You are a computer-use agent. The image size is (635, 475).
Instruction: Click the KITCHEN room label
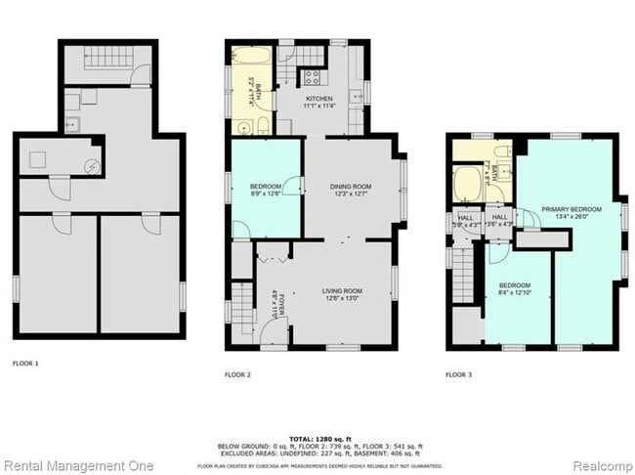[x=319, y=99]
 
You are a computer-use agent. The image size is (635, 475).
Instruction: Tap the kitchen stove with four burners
[x=313, y=76]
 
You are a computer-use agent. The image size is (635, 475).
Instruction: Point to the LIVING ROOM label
[x=343, y=290]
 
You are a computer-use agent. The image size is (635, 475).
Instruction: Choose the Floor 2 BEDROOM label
[x=265, y=185]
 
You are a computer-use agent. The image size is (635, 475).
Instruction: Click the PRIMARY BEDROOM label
[x=573, y=209]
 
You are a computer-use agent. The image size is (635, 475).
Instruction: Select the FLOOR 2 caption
[x=237, y=374]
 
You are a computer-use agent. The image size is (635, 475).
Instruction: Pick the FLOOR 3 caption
[x=458, y=374]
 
